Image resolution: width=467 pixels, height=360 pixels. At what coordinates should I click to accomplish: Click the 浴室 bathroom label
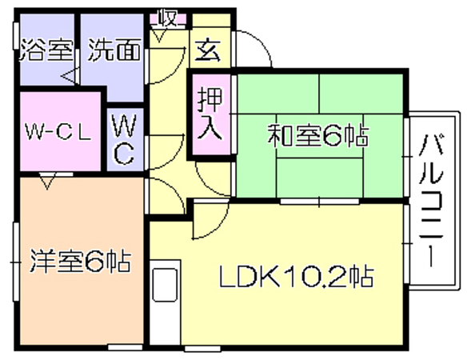[46, 50]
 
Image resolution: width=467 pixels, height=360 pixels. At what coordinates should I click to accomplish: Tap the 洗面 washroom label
[114, 50]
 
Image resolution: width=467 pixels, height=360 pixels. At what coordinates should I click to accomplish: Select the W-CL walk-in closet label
[58, 131]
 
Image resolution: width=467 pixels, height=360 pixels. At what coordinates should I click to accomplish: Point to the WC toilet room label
[124, 139]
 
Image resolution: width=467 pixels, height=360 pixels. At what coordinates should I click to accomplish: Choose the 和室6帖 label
[318, 135]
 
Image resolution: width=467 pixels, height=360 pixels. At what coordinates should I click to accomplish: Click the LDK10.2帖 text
[297, 276]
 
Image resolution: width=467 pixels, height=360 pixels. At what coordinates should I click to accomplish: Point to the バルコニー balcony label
[431, 200]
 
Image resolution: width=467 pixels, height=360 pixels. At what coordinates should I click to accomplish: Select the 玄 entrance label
[209, 50]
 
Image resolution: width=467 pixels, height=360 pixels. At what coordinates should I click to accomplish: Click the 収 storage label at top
[168, 18]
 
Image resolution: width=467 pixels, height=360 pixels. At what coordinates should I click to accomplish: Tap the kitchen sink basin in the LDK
[165, 285]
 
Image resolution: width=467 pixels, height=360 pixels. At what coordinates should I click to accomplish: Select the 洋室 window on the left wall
[16, 262]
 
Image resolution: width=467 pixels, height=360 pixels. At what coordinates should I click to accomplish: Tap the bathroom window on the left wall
[17, 36]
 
